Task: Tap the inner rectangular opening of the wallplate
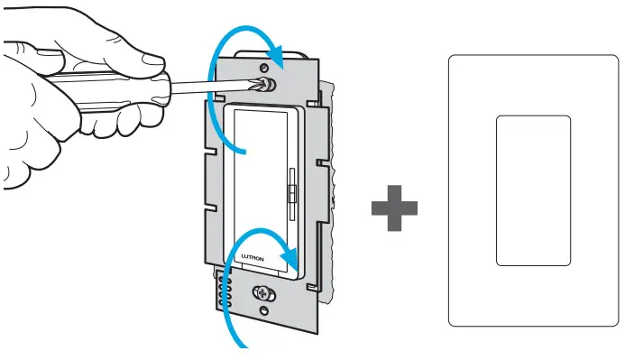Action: [x=533, y=189]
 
